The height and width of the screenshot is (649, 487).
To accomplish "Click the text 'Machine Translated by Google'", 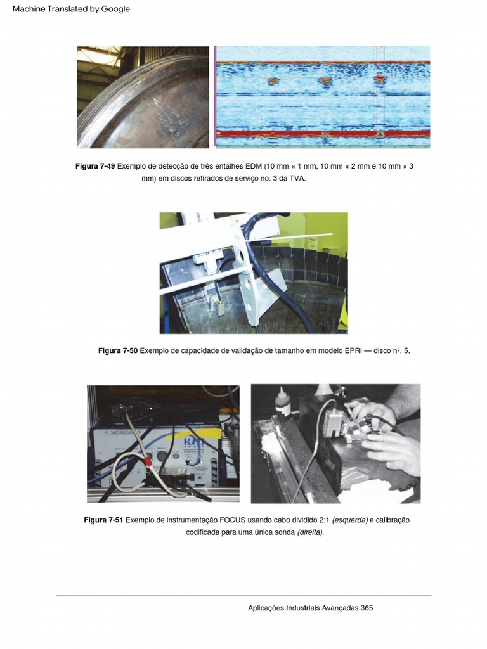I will click(71, 9).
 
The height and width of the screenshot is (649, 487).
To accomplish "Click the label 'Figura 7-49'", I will click(95, 166).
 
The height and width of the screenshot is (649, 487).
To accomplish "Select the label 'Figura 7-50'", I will click(118, 350).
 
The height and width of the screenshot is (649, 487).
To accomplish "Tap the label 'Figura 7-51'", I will click(103, 520).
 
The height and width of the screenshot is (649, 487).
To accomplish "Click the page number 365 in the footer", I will click(367, 608).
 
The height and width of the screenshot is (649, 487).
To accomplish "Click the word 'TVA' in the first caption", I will click(297, 179).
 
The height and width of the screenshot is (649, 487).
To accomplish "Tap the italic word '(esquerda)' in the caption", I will click(350, 520).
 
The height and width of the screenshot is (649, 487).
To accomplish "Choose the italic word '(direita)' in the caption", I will click(310, 532).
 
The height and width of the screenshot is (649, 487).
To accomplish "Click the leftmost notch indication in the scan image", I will click(273, 81).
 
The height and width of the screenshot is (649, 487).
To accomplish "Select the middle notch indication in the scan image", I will click(325, 81).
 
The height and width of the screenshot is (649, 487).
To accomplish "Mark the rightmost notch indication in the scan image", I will click(379, 80).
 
